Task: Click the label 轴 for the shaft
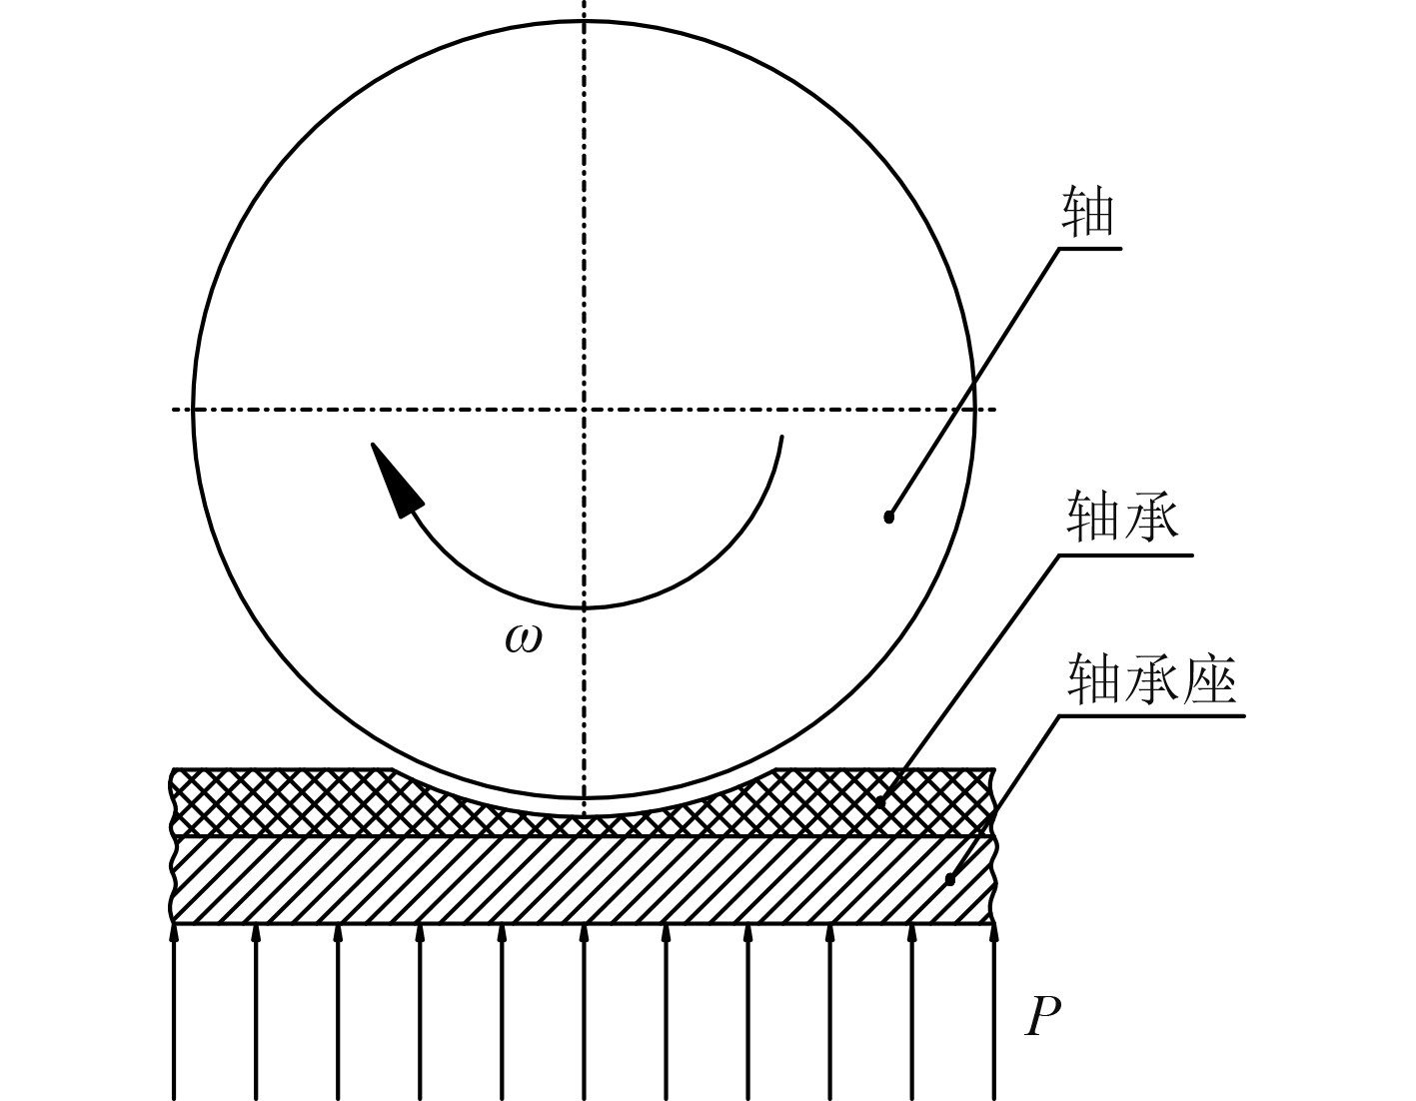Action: (x=1087, y=214)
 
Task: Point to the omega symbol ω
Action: (x=524, y=638)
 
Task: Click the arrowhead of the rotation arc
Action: (x=395, y=479)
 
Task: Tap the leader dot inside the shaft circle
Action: (x=888, y=517)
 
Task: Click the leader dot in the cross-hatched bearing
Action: (x=880, y=801)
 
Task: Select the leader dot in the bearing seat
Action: (x=949, y=880)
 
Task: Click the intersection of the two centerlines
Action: (x=585, y=409)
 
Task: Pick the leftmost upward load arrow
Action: (x=175, y=1009)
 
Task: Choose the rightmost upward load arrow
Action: (x=993, y=1009)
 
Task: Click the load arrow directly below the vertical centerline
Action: (x=585, y=1009)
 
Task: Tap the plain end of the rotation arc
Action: (x=781, y=437)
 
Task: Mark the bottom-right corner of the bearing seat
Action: (x=993, y=922)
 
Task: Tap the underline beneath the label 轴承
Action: (x=1124, y=553)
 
